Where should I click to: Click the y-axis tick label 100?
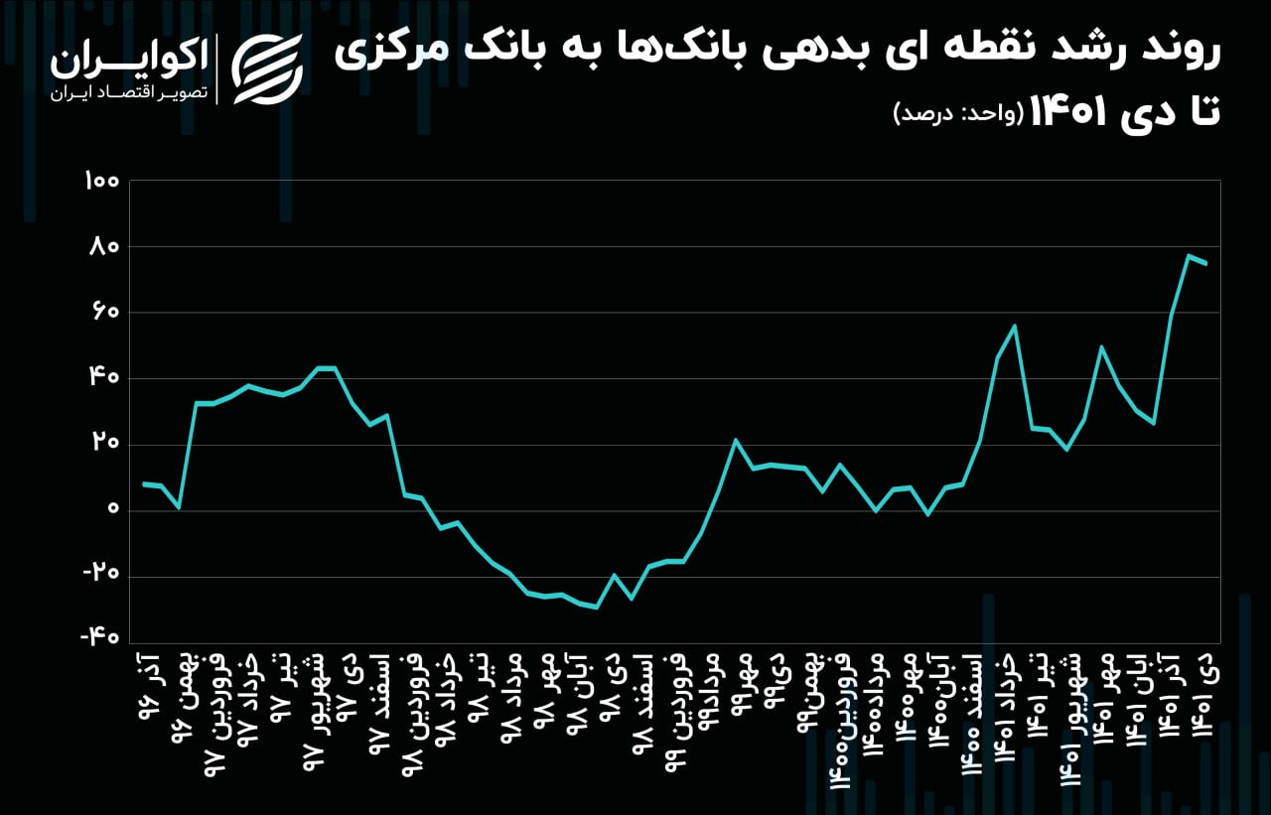(x=101, y=182)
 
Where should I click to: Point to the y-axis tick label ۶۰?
(x=103, y=313)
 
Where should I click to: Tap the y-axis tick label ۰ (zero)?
(x=112, y=510)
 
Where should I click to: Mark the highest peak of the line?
(x=1188, y=255)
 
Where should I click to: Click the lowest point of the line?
(x=596, y=608)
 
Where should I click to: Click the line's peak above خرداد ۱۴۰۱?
(x=1015, y=326)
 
